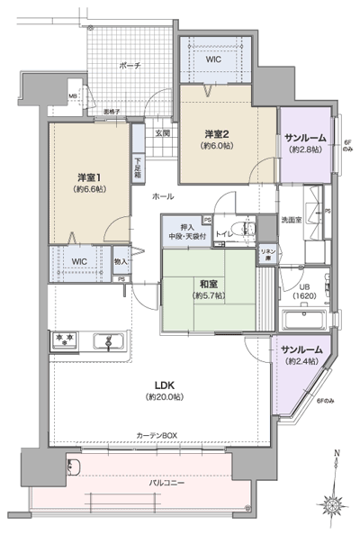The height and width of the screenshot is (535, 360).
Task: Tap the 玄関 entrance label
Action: point(162,133)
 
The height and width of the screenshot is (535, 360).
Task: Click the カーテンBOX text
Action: point(157,436)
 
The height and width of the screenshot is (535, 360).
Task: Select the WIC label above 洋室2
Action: point(212,59)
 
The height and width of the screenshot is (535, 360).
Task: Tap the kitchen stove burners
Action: point(65,340)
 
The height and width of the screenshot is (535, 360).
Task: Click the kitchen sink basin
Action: point(112,340)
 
